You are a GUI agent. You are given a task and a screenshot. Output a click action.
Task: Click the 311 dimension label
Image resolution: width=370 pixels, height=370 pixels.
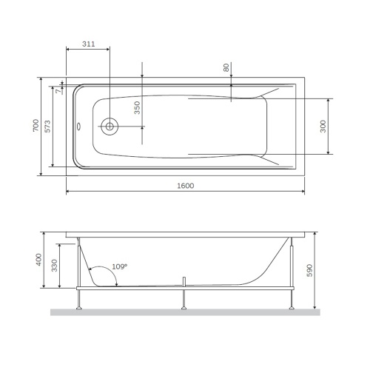[x=88, y=44]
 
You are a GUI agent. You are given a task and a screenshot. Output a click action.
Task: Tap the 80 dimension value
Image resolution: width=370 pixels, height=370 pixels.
[x=226, y=67]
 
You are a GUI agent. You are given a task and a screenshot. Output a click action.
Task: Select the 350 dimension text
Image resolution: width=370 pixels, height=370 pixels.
[x=136, y=109]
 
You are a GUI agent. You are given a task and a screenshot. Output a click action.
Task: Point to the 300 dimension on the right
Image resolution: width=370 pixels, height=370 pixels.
[x=323, y=127]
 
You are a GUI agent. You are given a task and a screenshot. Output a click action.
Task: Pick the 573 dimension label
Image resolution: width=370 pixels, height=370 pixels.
[x=48, y=127]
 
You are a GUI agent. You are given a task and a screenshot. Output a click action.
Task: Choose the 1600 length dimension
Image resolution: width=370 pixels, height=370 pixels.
[x=185, y=186]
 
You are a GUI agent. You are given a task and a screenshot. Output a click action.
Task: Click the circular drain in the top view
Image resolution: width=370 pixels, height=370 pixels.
[x=110, y=127]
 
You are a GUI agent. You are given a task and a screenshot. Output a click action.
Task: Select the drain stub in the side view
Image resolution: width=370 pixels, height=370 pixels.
[x=182, y=281]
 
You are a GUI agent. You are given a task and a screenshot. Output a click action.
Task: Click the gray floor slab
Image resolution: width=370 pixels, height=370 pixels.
[x=185, y=312]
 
